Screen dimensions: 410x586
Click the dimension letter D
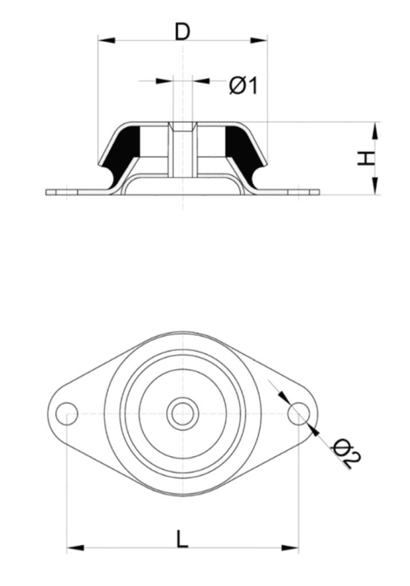pyautogui.click(x=183, y=32)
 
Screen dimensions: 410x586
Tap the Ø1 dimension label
pyautogui.click(x=243, y=86)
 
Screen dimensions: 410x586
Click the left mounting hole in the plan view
pyautogui.click(x=66, y=413)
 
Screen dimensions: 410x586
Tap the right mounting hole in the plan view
pyautogui.click(x=299, y=413)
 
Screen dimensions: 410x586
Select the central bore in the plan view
pyautogui.click(x=183, y=413)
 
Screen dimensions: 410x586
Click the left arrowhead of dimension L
pyautogui.click(x=75, y=548)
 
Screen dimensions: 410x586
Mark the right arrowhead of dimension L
pyautogui.click(x=290, y=548)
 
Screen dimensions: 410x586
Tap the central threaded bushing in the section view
pyautogui.click(x=183, y=149)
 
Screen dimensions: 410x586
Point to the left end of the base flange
pyautogui.click(x=46, y=192)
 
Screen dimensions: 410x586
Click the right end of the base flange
pyautogui.click(x=320, y=192)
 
